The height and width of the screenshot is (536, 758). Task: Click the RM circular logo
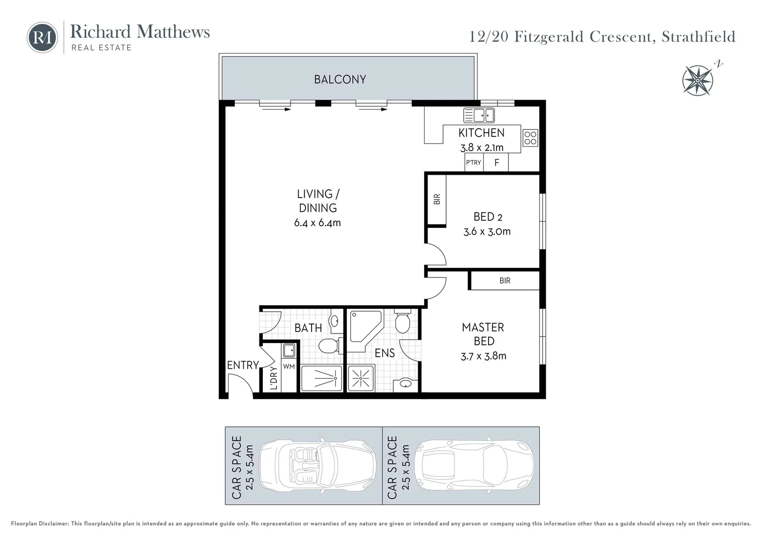pyautogui.click(x=42, y=37)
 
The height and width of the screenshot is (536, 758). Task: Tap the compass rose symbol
pyautogui.click(x=698, y=79)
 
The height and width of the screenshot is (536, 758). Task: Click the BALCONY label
pyautogui.click(x=340, y=79)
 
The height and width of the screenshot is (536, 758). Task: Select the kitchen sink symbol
pyautogui.click(x=479, y=115)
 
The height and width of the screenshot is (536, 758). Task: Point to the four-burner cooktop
pyautogui.click(x=530, y=137)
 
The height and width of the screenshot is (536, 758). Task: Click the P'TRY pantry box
pyautogui.click(x=473, y=162)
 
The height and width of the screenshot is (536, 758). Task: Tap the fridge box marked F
pyautogui.click(x=496, y=162)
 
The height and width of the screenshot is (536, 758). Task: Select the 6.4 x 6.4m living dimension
pyautogui.click(x=317, y=223)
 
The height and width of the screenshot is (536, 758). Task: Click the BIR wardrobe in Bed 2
pyautogui.click(x=437, y=199)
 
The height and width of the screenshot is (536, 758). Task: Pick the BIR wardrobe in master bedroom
pyautogui.click(x=505, y=280)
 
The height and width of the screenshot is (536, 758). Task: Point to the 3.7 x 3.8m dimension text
pyautogui.click(x=483, y=356)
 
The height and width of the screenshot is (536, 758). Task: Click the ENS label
pyautogui.click(x=384, y=353)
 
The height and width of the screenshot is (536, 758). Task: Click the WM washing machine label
pyautogui.click(x=289, y=366)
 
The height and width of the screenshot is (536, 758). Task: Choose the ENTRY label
pyautogui.click(x=243, y=365)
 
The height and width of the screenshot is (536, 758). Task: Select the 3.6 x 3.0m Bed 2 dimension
pyautogui.click(x=487, y=231)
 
